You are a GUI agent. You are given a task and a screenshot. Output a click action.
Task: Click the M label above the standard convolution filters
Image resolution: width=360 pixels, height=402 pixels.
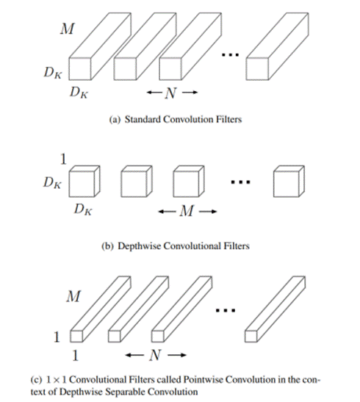(68, 29)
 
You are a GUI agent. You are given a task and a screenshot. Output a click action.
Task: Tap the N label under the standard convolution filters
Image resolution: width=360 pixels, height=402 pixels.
(171, 93)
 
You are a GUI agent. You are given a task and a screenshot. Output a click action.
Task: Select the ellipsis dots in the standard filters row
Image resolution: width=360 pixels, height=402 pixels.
(231, 54)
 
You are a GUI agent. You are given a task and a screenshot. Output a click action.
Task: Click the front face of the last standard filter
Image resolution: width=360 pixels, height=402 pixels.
(257, 68)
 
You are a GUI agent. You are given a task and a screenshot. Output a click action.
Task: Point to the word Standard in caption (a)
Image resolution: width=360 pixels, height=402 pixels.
(143, 120)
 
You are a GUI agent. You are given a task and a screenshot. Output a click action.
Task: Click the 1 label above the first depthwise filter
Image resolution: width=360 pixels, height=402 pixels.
(63, 159)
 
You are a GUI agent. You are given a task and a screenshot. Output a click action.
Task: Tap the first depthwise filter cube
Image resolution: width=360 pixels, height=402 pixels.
(84, 182)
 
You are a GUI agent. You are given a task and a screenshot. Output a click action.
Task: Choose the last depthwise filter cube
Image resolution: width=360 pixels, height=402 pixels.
(289, 182)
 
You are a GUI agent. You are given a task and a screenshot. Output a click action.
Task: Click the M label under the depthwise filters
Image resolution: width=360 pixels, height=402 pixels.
(187, 211)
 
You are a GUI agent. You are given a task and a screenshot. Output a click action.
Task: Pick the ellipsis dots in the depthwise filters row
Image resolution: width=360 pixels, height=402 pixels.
(240, 182)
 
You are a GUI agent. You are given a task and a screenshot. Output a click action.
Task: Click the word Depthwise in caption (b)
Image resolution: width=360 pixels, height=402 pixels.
(139, 246)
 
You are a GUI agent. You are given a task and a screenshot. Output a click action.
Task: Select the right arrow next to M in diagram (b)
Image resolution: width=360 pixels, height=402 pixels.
(208, 212)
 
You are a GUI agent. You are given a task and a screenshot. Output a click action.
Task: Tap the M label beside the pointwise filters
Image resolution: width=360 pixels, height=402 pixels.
(73, 296)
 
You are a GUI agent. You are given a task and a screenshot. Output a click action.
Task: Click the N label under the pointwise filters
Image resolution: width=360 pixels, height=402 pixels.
(156, 356)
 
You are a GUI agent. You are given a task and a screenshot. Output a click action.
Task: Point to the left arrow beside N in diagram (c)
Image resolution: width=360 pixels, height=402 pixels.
(134, 355)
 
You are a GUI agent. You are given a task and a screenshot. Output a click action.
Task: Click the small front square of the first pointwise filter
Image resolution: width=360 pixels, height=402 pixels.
(76, 336)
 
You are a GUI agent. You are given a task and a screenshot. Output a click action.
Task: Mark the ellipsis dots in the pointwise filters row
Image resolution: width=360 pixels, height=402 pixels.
(226, 310)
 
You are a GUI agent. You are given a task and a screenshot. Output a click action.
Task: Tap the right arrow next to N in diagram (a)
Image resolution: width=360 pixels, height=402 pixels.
(190, 93)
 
